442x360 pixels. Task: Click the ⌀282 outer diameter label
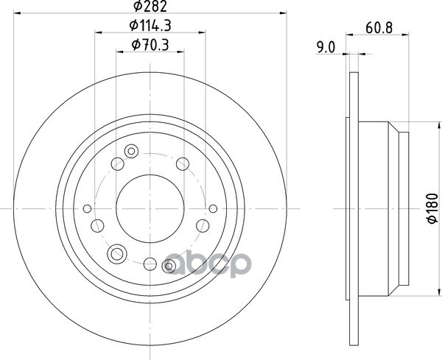pos(150,6)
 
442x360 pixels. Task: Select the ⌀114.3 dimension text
pos(150,26)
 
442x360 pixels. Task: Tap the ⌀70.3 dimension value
pos(150,45)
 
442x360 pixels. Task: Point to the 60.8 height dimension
pos(379,28)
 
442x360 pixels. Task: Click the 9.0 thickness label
pos(326,47)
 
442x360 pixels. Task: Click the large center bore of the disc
pos(150,209)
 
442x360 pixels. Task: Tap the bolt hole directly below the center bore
pos(150,264)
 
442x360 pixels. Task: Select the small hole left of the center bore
pos(88,209)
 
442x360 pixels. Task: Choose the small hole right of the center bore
pos(213,209)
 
